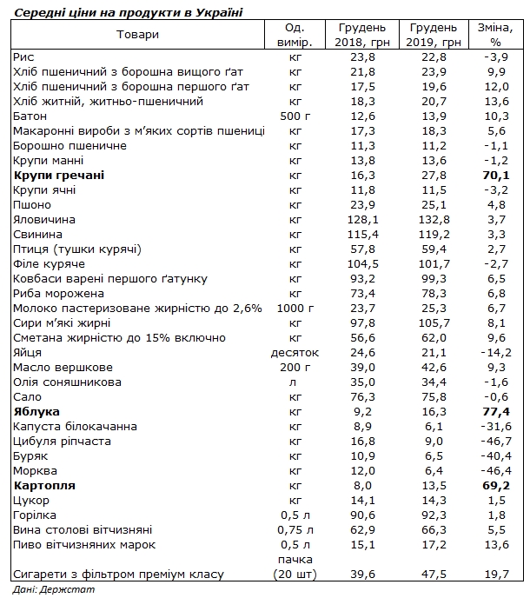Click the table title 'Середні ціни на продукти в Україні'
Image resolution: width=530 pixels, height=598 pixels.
point(122,11)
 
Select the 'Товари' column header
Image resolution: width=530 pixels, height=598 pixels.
point(136,34)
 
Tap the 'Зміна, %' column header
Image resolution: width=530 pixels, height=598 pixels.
point(496,35)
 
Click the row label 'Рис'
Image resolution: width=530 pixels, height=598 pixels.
point(24,56)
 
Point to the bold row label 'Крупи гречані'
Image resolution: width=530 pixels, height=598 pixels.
point(59,176)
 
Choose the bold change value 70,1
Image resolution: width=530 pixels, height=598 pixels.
point(497,176)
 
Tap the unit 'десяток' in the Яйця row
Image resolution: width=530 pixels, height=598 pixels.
point(295,353)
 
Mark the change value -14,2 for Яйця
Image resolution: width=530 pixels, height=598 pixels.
point(495,353)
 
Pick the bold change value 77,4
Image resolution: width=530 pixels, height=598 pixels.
point(497,412)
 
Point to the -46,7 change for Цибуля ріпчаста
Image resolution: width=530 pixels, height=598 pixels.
point(495,442)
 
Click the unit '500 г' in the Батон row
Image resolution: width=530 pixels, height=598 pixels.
point(295,116)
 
